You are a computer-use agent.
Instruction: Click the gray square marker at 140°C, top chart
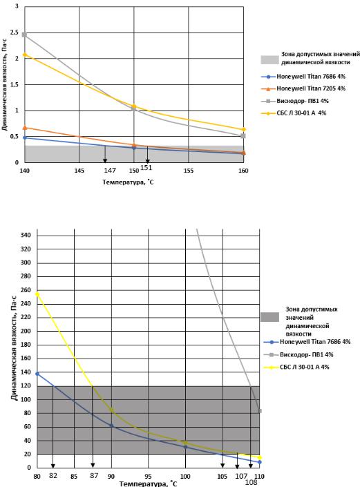[x=25, y=35]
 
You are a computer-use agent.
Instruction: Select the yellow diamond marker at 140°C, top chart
[x=25, y=55]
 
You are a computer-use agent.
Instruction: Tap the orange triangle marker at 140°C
[x=25, y=128]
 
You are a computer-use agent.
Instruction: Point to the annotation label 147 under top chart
[x=110, y=170]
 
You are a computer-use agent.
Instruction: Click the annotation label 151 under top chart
[x=146, y=168]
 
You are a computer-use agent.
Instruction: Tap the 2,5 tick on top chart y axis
[x=15, y=32]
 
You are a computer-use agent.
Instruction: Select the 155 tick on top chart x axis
[x=189, y=171]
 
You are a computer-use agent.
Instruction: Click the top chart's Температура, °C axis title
[x=128, y=182]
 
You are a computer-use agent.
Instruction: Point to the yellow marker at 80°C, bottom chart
[x=37, y=294]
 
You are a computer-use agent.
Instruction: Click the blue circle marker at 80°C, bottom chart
[x=37, y=374]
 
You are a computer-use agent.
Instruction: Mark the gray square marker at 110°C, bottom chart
[x=260, y=411]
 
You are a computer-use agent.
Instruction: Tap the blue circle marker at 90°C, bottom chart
[x=111, y=426]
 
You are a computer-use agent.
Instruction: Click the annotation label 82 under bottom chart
[x=53, y=475]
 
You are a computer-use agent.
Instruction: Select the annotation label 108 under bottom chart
[x=251, y=482]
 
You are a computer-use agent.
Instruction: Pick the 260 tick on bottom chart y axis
[x=26, y=290]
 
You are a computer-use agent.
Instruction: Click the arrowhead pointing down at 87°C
[x=93, y=465]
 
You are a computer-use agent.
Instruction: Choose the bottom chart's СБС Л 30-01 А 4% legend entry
[x=296, y=367]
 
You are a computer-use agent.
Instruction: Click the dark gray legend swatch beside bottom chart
[x=269, y=317]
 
